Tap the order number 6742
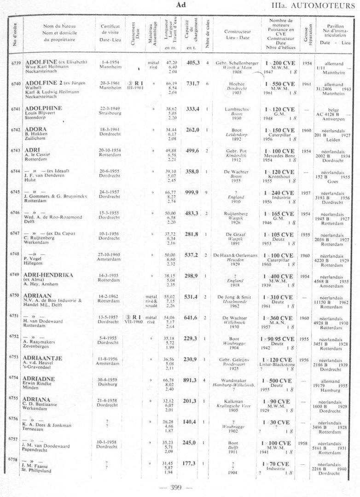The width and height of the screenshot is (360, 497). pyautogui.click(x=15, y=130)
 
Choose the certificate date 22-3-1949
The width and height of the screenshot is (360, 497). pyautogui.click(x=110, y=108)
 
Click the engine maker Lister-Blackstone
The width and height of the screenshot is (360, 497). pyautogui.click(x=279, y=362)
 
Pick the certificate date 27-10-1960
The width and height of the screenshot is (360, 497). pyautogui.click(x=111, y=254)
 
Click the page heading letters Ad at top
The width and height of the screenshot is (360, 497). pyautogui.click(x=181, y=4)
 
